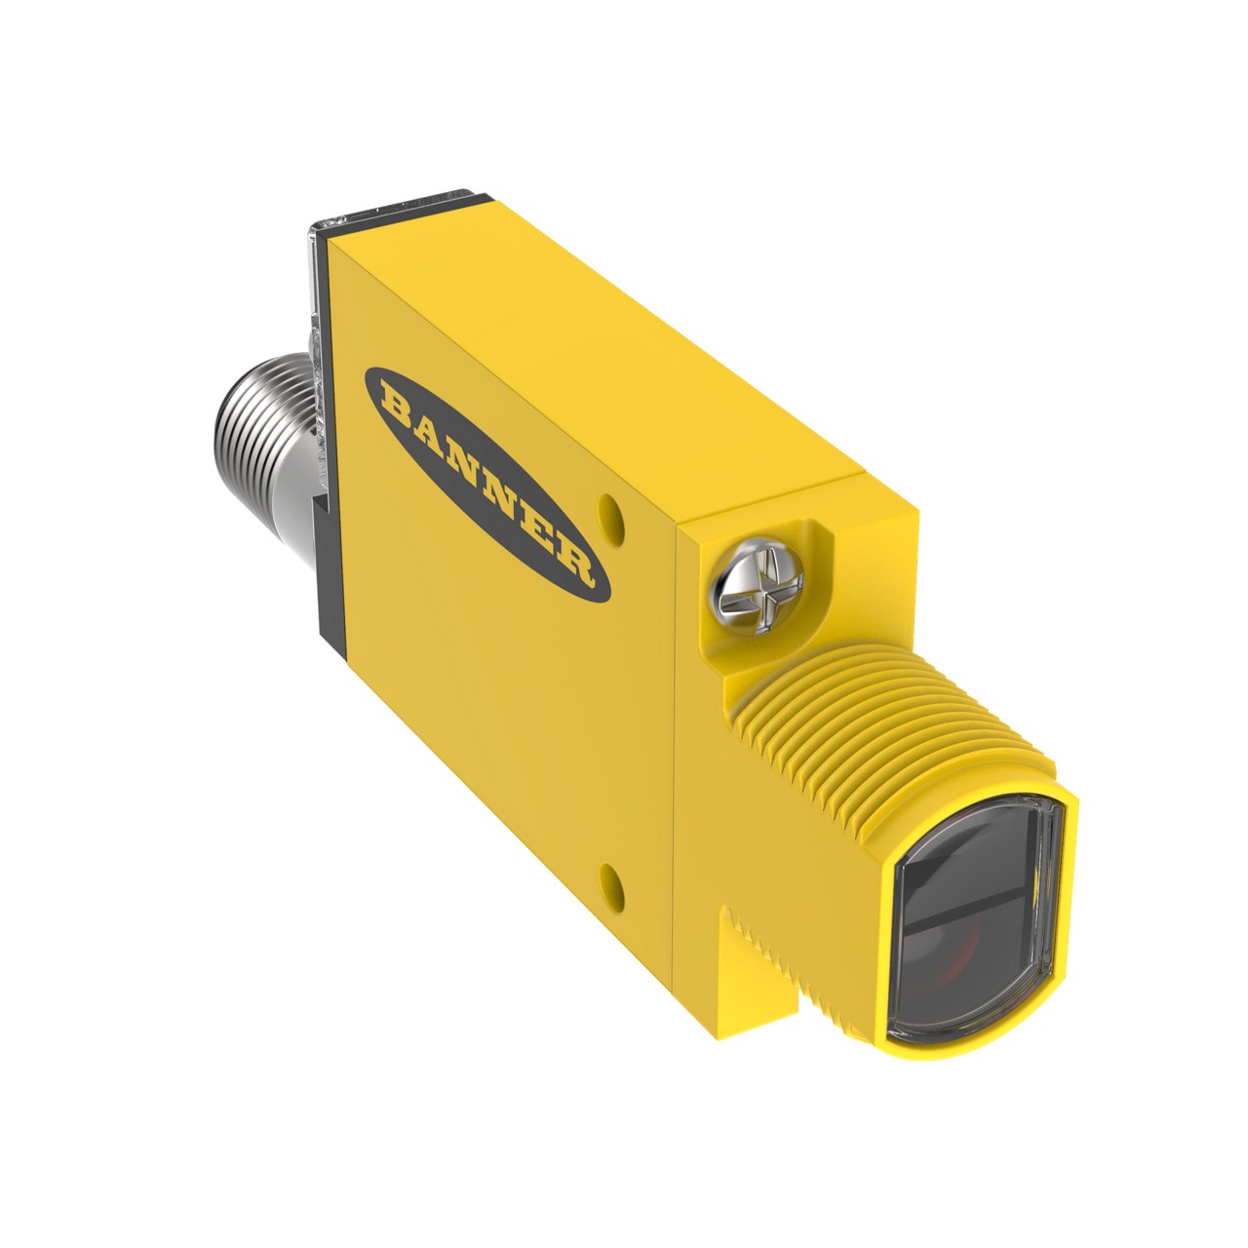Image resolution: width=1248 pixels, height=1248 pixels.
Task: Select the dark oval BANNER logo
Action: click(x=487, y=485)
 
